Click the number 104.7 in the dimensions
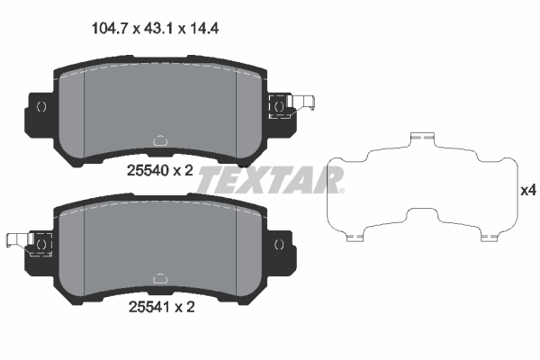[x=112, y=28]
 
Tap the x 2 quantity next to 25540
[x=184, y=168]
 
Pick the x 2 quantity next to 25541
[x=184, y=307]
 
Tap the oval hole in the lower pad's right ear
[x=278, y=243]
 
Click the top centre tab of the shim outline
[x=421, y=137]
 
